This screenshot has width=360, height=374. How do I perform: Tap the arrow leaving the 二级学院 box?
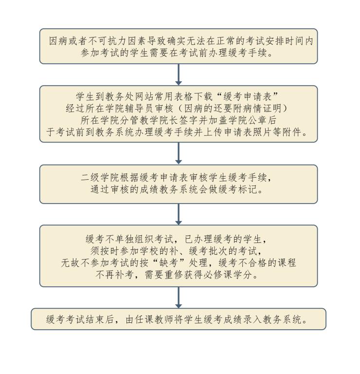point(179,214)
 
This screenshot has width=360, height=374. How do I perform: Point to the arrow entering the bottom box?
point(179,297)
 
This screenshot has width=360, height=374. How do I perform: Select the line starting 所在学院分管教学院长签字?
point(179,120)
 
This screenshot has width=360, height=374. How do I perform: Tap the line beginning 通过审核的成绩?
point(179,190)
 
